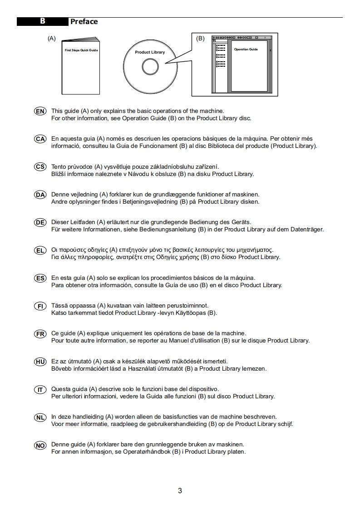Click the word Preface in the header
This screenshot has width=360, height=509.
pyautogui.click(x=84, y=21)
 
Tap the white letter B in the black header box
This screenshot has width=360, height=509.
pyautogui.click(x=42, y=21)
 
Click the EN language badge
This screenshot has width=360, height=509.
pyautogui.click(x=40, y=111)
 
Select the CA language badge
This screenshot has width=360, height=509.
pyautogui.click(x=40, y=139)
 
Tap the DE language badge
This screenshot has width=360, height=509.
pyautogui.click(x=40, y=222)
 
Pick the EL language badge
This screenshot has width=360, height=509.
pyautogui.click(x=40, y=250)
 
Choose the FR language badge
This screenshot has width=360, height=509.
pyautogui.click(x=40, y=333)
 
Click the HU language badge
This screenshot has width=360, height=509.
pyautogui.click(x=40, y=362)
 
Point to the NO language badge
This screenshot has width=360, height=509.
pyautogui.click(x=40, y=445)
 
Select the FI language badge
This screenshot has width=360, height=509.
pyautogui.click(x=40, y=306)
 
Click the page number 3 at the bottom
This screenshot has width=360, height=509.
pyautogui.click(x=180, y=490)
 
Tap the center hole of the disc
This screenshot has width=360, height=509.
pyautogui.click(x=150, y=67)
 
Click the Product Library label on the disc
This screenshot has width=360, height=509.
pyautogui.click(x=150, y=52)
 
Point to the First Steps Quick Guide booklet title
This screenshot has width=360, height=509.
pyautogui.click(x=81, y=50)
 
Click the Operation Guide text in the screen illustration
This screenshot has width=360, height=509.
pyautogui.click(x=246, y=49)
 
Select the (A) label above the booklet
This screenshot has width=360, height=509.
pyautogui.click(x=51, y=39)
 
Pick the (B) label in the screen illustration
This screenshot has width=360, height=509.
pyautogui.click(x=200, y=39)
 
